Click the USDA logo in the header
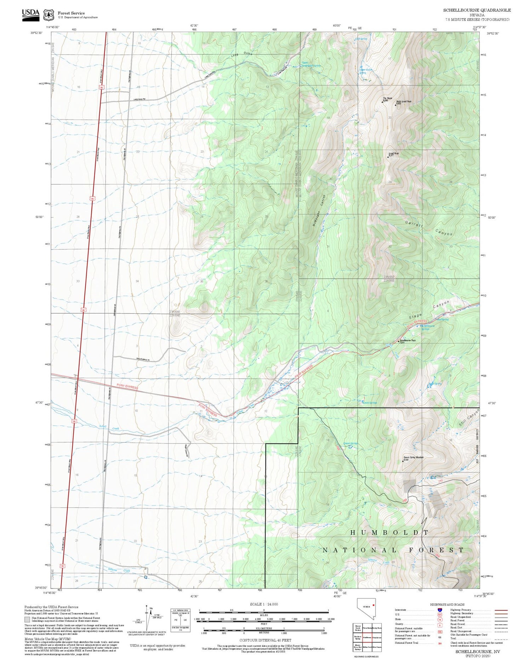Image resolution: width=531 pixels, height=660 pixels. pos(30,15)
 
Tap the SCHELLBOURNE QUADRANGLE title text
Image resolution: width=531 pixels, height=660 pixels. pos(477,10)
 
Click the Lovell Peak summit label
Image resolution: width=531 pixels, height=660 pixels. pos(393,154)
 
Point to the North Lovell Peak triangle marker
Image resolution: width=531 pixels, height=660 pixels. pos(396,105)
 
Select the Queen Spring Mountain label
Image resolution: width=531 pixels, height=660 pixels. pos(413,458)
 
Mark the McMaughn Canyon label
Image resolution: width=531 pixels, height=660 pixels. pos(319,211)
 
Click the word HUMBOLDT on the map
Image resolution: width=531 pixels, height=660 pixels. pos(389,533)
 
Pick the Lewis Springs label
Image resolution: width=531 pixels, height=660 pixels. pos(370,403)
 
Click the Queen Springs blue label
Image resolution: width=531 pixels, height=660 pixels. pos(350,443)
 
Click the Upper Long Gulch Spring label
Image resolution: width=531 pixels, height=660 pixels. pos(311,64)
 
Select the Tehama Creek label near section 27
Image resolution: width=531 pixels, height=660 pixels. pos(119,570)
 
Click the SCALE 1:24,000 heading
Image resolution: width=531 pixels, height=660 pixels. pos(264,604)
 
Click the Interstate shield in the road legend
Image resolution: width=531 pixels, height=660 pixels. pos(440,610)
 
